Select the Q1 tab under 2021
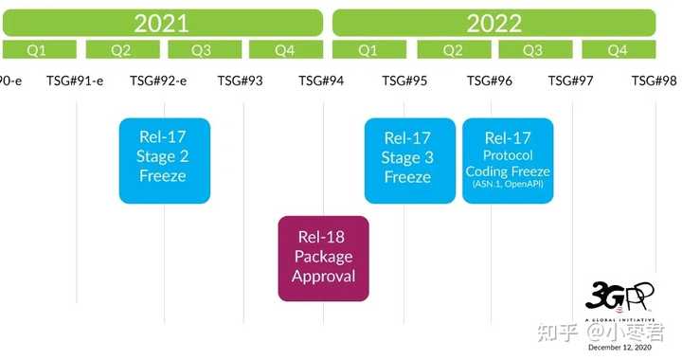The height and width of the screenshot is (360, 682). click(39, 49)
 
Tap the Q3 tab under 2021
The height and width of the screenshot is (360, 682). click(202, 49)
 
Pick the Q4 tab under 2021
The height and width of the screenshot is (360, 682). click(284, 49)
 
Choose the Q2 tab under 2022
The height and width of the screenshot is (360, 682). click(453, 49)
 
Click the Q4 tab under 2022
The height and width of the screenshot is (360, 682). click(618, 49)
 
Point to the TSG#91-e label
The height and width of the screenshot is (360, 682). click(75, 81)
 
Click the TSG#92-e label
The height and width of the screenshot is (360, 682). click(158, 81)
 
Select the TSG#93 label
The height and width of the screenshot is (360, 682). click(241, 81)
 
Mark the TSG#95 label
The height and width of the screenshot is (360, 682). click(404, 81)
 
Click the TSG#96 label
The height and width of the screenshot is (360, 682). click(490, 81)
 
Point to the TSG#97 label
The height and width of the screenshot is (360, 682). click(571, 81)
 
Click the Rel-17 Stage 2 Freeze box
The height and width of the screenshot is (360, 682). click(164, 160)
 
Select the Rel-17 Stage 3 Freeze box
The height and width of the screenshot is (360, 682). click(409, 160)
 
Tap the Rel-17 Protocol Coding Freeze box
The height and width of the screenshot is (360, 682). click(508, 160)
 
